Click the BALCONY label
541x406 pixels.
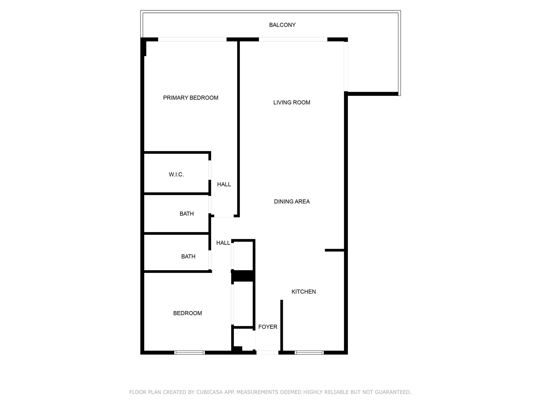click(282, 25)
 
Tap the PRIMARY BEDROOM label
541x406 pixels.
click(190, 98)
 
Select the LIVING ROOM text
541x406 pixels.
click(292, 103)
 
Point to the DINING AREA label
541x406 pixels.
click(292, 201)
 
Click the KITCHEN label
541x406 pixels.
click(304, 292)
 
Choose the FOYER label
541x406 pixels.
click(268, 327)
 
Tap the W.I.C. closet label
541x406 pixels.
click(176, 174)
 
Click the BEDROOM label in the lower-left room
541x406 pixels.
click(187, 313)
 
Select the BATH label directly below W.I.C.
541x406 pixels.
click(186, 214)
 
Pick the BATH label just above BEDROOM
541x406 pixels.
click(188, 256)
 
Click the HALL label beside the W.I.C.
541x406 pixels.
click(224, 184)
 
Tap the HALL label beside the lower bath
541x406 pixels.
click(223, 243)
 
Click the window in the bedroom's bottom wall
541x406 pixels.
click(189, 352)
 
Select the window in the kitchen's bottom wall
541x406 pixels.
click(309, 352)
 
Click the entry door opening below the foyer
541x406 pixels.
click(267, 352)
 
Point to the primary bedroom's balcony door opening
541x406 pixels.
click(192, 39)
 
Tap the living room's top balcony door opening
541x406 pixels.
click(293, 39)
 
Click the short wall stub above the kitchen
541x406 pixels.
click(334, 250)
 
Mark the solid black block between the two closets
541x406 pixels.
click(243, 276)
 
